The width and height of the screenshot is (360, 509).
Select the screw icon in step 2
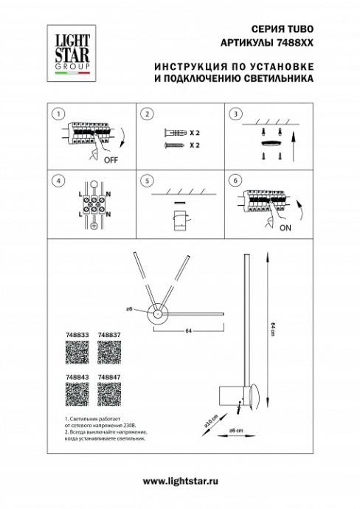click(x=171, y=146)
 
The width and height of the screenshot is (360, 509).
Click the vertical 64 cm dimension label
click(x=272, y=328)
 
